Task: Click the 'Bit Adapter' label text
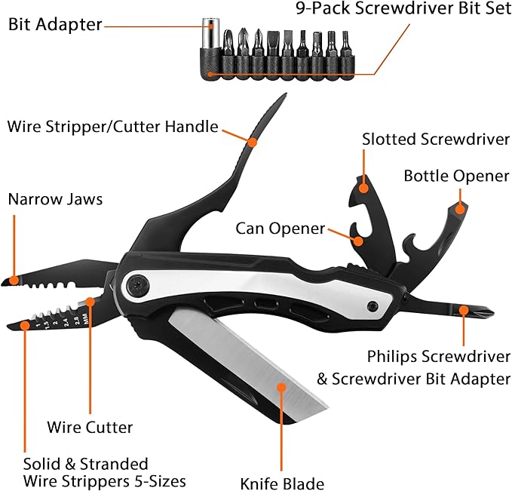(55, 24)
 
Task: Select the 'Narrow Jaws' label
(55, 200)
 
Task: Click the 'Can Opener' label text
(280, 228)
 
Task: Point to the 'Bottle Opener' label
(456, 176)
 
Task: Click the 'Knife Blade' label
(282, 483)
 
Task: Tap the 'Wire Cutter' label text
(90, 428)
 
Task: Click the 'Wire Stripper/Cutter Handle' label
(113, 126)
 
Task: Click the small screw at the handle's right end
(373, 305)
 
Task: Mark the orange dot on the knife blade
(283, 386)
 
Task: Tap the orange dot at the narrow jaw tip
(13, 280)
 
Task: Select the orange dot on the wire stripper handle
(252, 140)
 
